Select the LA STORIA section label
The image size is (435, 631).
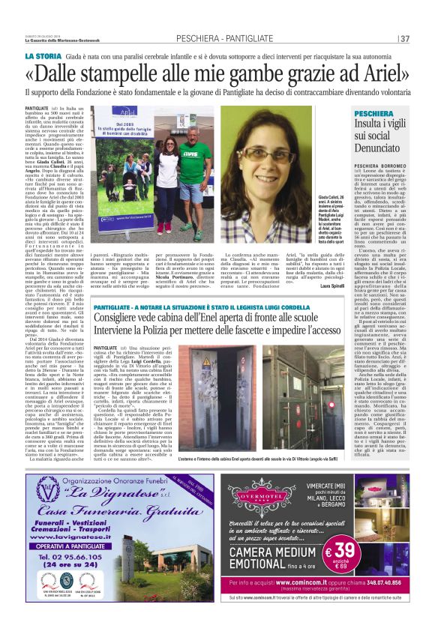[x=43, y=56]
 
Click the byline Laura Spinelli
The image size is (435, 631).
[x=322, y=286]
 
